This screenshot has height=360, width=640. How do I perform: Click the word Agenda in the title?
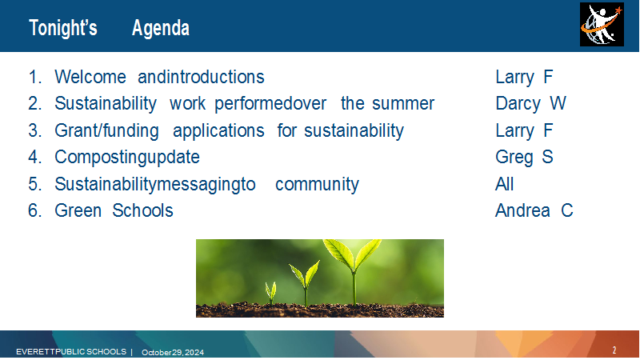click(x=161, y=28)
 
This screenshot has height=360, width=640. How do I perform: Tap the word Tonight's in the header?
click(x=63, y=28)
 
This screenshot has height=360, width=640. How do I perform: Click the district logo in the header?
click(x=602, y=25)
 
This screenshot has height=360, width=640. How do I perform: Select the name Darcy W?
click(x=530, y=103)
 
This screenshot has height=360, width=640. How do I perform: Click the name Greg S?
click(x=524, y=157)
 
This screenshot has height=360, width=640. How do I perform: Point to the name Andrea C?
click(x=534, y=210)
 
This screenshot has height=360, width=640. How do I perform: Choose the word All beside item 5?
click(x=505, y=184)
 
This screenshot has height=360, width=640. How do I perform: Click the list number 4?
click(x=34, y=157)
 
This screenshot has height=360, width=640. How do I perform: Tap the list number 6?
click(x=34, y=211)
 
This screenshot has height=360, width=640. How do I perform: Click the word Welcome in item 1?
click(x=90, y=77)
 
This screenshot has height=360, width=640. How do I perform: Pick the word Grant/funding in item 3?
click(x=106, y=130)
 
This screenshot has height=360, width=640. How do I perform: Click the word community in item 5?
click(x=317, y=184)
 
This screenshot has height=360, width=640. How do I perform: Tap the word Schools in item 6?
click(x=142, y=210)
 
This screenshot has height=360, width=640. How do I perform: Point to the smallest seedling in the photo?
click(x=270, y=293)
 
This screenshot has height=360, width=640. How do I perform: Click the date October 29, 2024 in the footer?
click(x=173, y=352)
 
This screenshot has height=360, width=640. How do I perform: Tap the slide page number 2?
click(x=614, y=350)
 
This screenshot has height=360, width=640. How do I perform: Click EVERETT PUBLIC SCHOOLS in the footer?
click(x=71, y=351)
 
